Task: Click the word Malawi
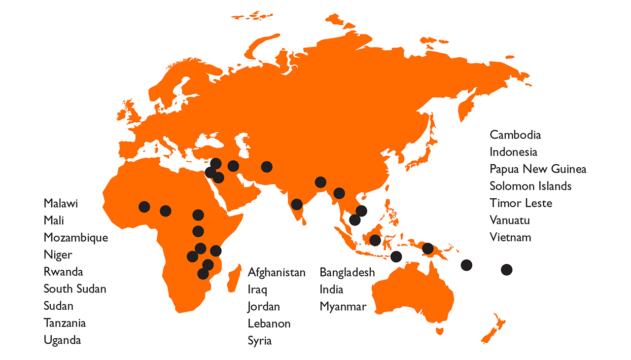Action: (x=61, y=204)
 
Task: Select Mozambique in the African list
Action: (x=75, y=238)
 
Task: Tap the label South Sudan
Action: (x=75, y=289)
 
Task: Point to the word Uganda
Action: (x=62, y=340)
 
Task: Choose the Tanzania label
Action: (x=65, y=323)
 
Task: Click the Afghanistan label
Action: (x=277, y=272)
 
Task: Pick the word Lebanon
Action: (x=269, y=324)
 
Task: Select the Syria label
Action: (x=260, y=340)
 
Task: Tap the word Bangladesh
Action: (x=347, y=272)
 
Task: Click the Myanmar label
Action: (x=343, y=306)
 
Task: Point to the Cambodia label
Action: (x=515, y=135)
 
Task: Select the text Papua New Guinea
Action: (x=538, y=169)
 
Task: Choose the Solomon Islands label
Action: (x=530, y=186)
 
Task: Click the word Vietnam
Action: (x=510, y=237)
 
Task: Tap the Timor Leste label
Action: (x=521, y=203)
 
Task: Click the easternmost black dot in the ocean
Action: (x=506, y=270)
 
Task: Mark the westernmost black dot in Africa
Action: (x=144, y=206)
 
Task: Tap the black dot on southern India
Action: (x=297, y=204)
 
